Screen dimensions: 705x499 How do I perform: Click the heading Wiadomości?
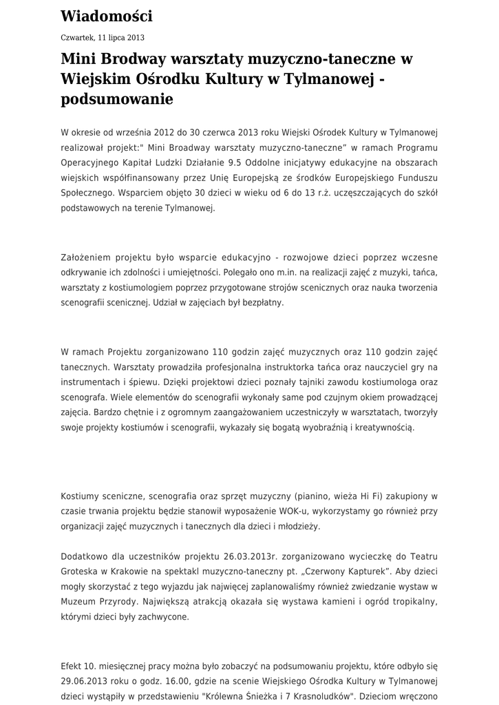coord(107,16)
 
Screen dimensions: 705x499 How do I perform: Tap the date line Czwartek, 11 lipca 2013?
coord(103,38)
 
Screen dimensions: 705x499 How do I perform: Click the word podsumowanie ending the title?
coord(117,99)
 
